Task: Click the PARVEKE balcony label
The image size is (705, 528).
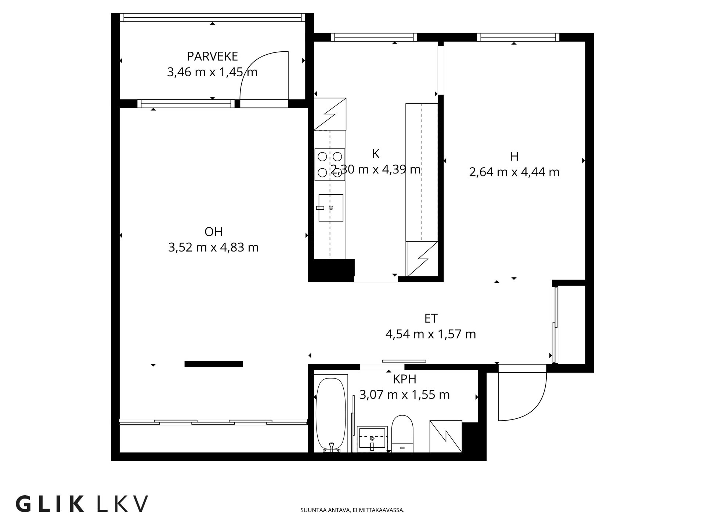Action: (x=212, y=56)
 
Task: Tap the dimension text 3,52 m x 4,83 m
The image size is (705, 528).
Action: (x=213, y=247)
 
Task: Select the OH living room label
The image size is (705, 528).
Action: (x=213, y=232)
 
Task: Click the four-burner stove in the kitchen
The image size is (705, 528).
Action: (x=330, y=165)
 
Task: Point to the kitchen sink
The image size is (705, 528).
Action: (x=330, y=208)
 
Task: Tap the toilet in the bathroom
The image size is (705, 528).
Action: (x=402, y=433)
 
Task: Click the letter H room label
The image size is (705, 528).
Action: (x=514, y=157)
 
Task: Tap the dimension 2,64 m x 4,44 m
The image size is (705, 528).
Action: (x=514, y=172)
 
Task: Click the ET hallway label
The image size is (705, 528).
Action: (x=431, y=318)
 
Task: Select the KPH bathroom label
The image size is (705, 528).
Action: (x=404, y=379)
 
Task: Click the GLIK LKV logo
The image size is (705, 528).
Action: (x=82, y=504)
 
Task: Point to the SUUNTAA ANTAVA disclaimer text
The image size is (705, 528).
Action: (x=352, y=510)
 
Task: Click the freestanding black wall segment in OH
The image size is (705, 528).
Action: (x=213, y=364)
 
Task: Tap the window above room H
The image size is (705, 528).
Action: (x=518, y=37)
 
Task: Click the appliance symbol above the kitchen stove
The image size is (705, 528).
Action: (x=330, y=114)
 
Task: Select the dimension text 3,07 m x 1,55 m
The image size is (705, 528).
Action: (x=404, y=395)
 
